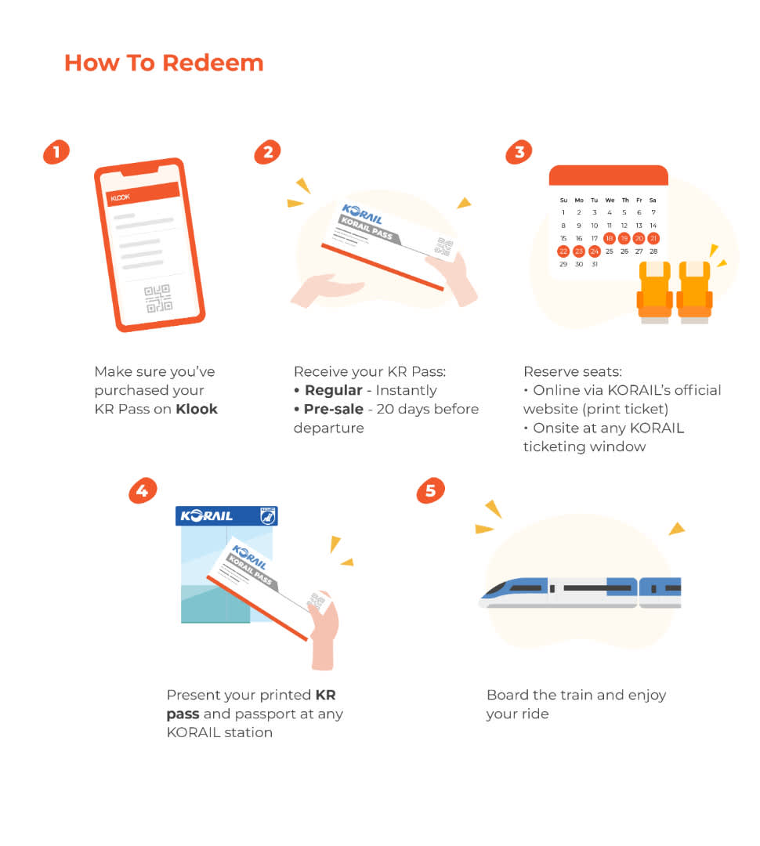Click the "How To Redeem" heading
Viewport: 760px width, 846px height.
coord(164,63)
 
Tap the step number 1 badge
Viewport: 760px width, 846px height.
coord(56,152)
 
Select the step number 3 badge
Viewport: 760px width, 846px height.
coord(519,152)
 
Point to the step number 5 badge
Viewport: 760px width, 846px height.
coord(431,490)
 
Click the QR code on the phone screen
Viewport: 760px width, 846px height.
coord(158,298)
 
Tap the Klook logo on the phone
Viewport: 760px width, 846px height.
coord(121,197)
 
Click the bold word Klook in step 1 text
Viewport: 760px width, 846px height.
coord(197,409)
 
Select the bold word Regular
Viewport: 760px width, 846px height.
coord(334,390)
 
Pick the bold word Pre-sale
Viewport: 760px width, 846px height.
coord(334,409)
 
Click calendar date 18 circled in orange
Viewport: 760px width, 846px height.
coord(610,238)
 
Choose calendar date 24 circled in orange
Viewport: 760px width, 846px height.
coord(595,251)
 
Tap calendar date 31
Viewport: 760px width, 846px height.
coord(595,265)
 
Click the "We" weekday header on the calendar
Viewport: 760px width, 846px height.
coord(610,201)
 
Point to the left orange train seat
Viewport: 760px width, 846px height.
coord(655,291)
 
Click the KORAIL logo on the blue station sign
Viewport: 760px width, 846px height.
coord(207,515)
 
